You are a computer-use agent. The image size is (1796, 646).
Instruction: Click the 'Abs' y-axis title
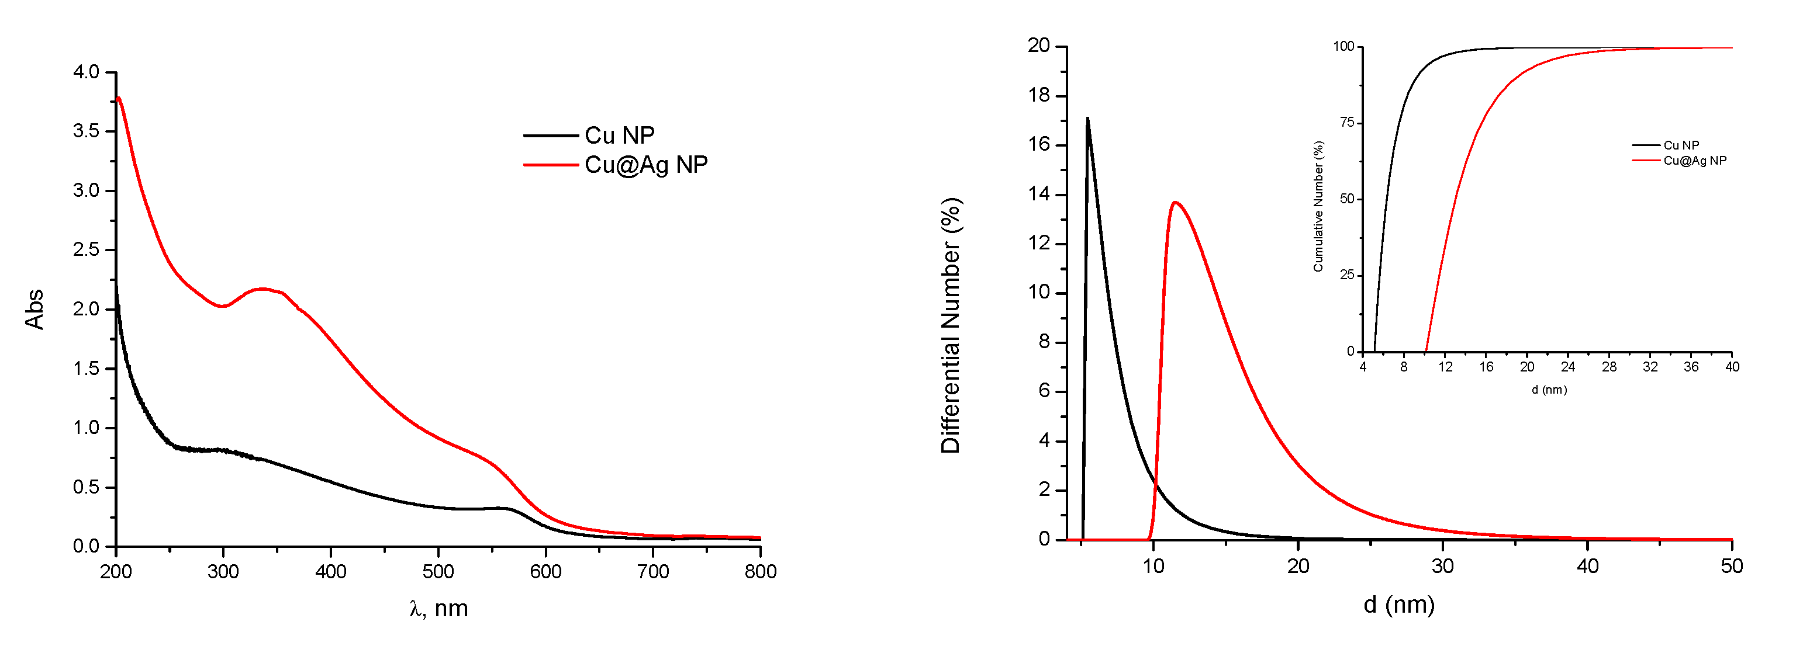34,309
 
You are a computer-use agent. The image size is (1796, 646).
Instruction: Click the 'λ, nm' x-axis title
438,609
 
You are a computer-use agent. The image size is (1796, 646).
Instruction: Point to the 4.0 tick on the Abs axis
86,72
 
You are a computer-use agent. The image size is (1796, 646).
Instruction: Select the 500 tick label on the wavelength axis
438,571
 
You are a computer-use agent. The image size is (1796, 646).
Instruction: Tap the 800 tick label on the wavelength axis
760,571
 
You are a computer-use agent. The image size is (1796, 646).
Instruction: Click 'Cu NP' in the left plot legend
619,134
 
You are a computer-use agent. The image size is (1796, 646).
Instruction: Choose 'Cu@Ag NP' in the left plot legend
645,165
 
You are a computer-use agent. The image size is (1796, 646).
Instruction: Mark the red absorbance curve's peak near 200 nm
119,98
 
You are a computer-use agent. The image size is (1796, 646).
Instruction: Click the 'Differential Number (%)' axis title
951,325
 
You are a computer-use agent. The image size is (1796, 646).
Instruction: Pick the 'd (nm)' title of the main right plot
1398,604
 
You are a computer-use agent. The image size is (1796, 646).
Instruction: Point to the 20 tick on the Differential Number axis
1038,46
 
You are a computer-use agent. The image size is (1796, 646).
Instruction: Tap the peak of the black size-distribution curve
1087,119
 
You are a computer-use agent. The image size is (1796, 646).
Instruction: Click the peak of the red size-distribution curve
1175,202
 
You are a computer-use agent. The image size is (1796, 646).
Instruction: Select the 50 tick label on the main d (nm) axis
1732,566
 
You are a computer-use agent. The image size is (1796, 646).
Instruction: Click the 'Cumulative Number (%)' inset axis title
1318,206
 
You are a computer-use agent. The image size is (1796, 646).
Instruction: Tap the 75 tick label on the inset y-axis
1346,123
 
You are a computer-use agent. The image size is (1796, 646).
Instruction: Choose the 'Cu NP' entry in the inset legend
1681,145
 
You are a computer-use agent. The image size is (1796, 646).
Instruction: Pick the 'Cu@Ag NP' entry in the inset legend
1694,160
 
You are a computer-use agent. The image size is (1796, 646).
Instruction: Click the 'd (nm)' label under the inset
1549,390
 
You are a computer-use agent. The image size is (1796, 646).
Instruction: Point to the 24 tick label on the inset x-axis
1568,367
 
